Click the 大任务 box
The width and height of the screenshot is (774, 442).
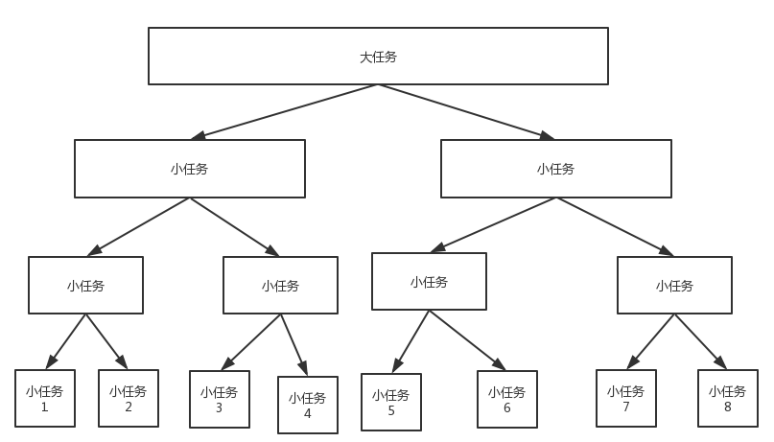click(x=378, y=56)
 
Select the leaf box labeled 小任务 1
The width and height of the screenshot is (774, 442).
click(x=45, y=398)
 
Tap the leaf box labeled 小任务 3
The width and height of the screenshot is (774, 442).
click(x=220, y=399)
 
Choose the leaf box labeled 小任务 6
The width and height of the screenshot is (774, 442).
click(x=507, y=399)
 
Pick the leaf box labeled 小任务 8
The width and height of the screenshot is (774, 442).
click(x=728, y=398)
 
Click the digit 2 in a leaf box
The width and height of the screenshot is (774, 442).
click(x=129, y=407)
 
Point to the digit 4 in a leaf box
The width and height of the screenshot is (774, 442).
click(x=308, y=414)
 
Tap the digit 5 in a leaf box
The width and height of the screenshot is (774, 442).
click(x=391, y=410)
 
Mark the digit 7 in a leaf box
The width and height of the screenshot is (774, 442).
click(x=626, y=407)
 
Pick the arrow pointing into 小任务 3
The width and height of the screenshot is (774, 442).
click(x=251, y=341)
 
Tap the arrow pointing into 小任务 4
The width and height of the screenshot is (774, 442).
click(x=294, y=344)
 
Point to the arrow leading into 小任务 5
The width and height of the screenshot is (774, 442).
click(x=410, y=341)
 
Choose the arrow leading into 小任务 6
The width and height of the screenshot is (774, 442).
click(x=467, y=339)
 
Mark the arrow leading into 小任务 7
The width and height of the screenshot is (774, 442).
click(x=651, y=341)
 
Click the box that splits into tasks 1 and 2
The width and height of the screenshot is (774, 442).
click(x=85, y=285)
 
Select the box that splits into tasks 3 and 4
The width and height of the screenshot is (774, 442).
click(x=280, y=285)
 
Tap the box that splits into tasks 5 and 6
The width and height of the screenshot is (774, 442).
click(x=429, y=281)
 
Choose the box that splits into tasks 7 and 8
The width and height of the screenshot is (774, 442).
click(x=674, y=285)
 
